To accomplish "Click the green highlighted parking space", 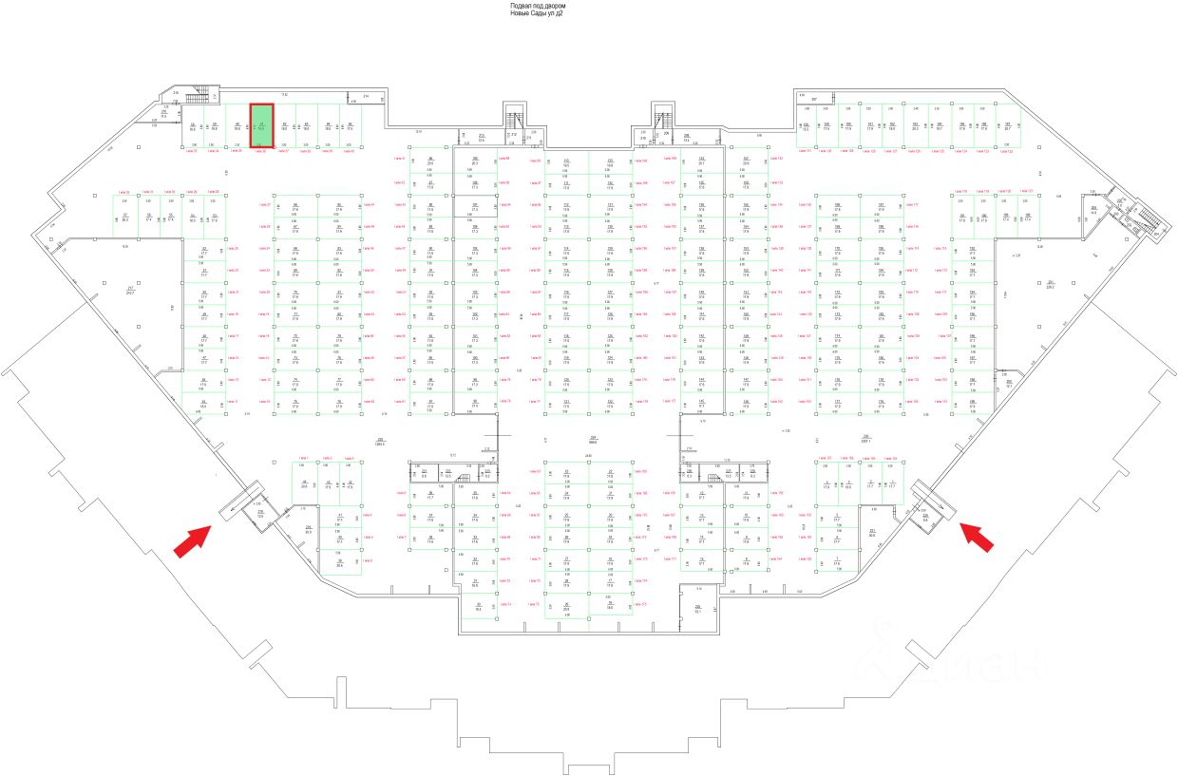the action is (261, 124).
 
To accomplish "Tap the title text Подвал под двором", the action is (537, 6).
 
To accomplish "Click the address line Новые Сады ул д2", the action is (537, 14).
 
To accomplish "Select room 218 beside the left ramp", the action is (260, 513).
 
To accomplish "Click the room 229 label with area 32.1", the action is (697, 609).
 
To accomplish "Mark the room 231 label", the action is (872, 532).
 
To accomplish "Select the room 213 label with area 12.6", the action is (482, 137).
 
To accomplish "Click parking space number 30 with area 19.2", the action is (479, 607).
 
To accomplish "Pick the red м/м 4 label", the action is (368, 516).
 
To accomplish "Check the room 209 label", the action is (1093, 210).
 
